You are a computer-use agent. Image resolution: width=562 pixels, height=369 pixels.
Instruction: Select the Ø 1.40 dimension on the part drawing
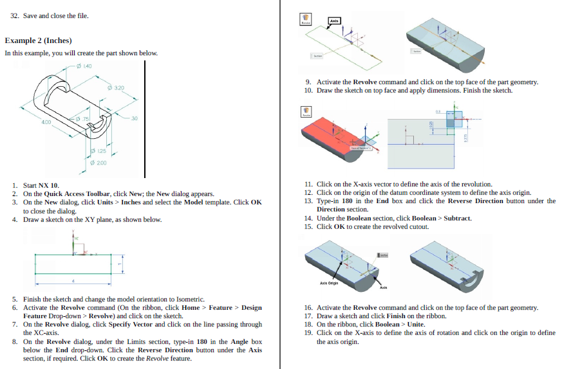click(85, 66)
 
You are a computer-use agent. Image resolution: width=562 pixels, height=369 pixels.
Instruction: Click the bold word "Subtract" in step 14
click(458, 218)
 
